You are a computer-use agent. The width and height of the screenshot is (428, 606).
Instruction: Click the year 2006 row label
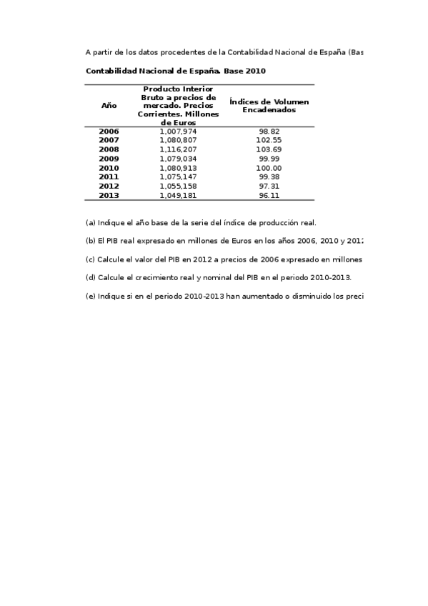(x=109, y=131)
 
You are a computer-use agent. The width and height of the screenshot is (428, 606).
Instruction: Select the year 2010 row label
(x=109, y=168)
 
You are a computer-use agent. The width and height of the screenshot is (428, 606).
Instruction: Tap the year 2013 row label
(x=109, y=195)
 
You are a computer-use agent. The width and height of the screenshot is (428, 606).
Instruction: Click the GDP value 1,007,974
(x=178, y=131)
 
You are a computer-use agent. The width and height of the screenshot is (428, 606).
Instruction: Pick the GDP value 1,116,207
(x=178, y=150)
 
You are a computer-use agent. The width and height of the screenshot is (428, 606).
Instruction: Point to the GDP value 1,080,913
(x=178, y=168)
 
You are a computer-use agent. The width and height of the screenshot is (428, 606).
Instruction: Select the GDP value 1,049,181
(x=178, y=195)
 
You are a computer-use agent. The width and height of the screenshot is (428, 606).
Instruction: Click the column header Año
(x=109, y=105)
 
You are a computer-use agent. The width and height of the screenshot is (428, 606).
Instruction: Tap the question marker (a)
(x=90, y=222)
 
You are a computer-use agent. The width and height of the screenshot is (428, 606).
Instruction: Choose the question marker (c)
(x=90, y=259)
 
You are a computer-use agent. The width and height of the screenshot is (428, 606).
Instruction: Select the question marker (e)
(x=90, y=297)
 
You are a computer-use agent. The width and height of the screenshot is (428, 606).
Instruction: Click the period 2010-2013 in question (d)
(x=327, y=278)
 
